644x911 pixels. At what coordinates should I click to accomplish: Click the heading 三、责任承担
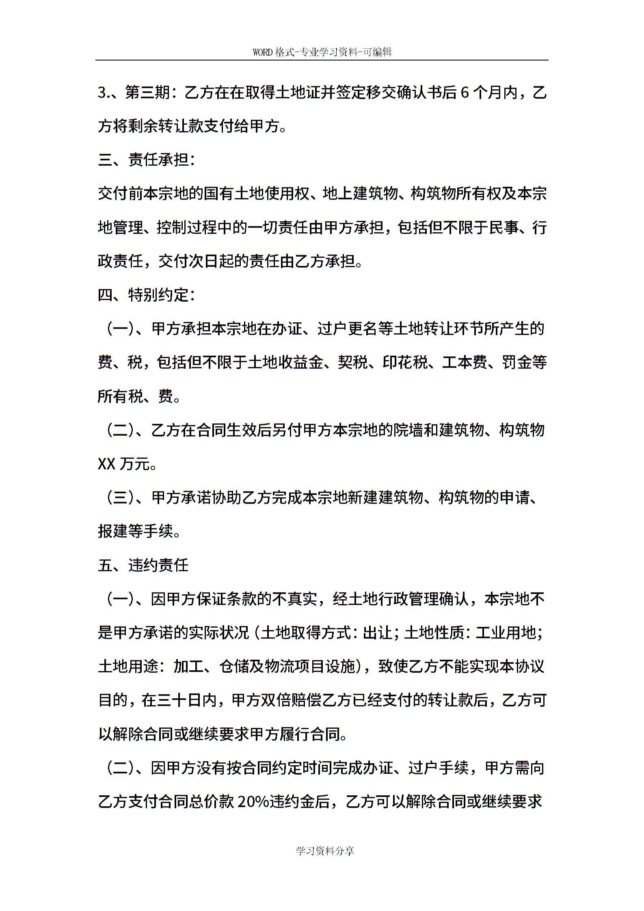point(146,160)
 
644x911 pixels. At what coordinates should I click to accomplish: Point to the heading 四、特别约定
point(146,295)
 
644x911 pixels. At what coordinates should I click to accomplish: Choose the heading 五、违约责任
point(143,565)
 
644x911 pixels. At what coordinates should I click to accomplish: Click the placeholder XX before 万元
point(107,464)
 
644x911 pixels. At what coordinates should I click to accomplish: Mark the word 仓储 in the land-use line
point(234,667)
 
